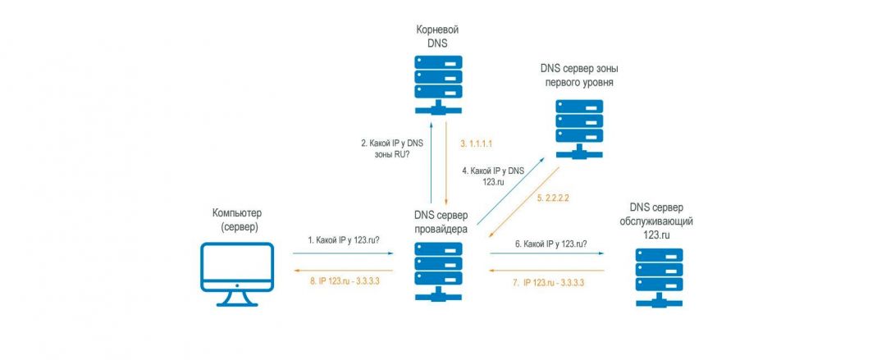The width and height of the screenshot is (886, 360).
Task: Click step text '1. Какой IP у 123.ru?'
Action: pos(349,240)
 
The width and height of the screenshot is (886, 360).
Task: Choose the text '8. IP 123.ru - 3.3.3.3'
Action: pos(349,281)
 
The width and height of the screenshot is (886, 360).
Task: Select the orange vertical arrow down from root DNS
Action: pos(445,164)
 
